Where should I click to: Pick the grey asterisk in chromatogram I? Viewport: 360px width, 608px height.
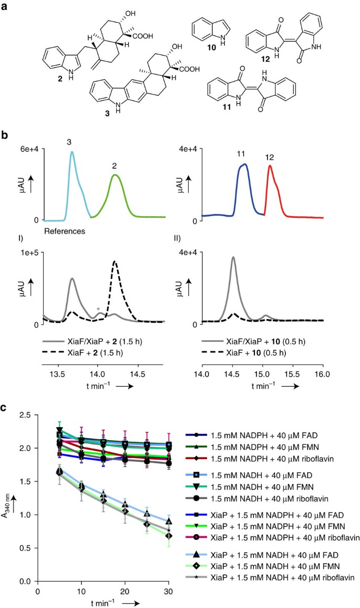pyautogui.click(x=98, y=309)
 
